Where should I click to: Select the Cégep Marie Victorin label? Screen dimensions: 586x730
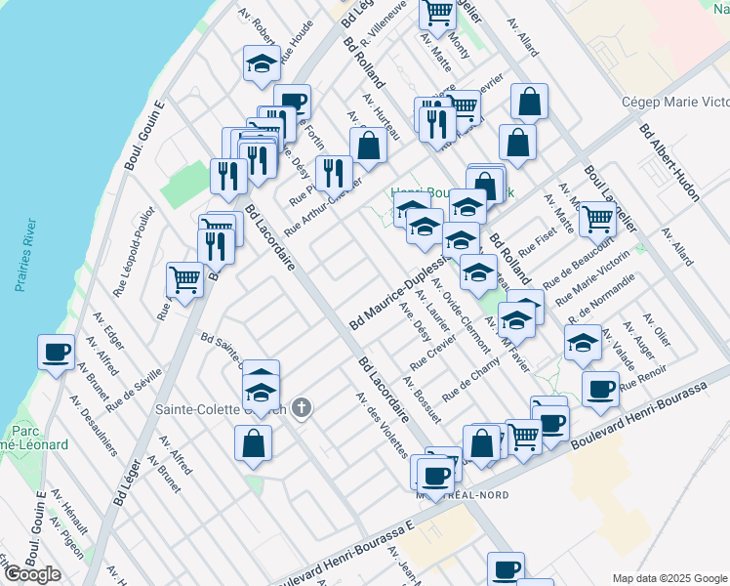pyautogui.click(x=674, y=103)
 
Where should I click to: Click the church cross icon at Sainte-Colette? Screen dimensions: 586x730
pyautogui.click(x=303, y=407)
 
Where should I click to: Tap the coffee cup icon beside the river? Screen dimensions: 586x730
pyautogui.click(x=57, y=352)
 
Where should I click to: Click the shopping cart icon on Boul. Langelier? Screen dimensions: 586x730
pyautogui.click(x=597, y=220)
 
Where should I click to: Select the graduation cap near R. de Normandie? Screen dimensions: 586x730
pyautogui.click(x=583, y=343)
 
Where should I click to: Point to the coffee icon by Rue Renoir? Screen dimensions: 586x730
pyautogui.click(x=600, y=388)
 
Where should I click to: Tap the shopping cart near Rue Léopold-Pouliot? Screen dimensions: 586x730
pyautogui.click(x=184, y=279)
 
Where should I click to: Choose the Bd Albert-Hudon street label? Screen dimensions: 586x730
pyautogui.click(x=669, y=161)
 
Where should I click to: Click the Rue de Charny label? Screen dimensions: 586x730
pyautogui.click(x=470, y=383)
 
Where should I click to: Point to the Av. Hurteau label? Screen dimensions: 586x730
pyautogui.click(x=381, y=115)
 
